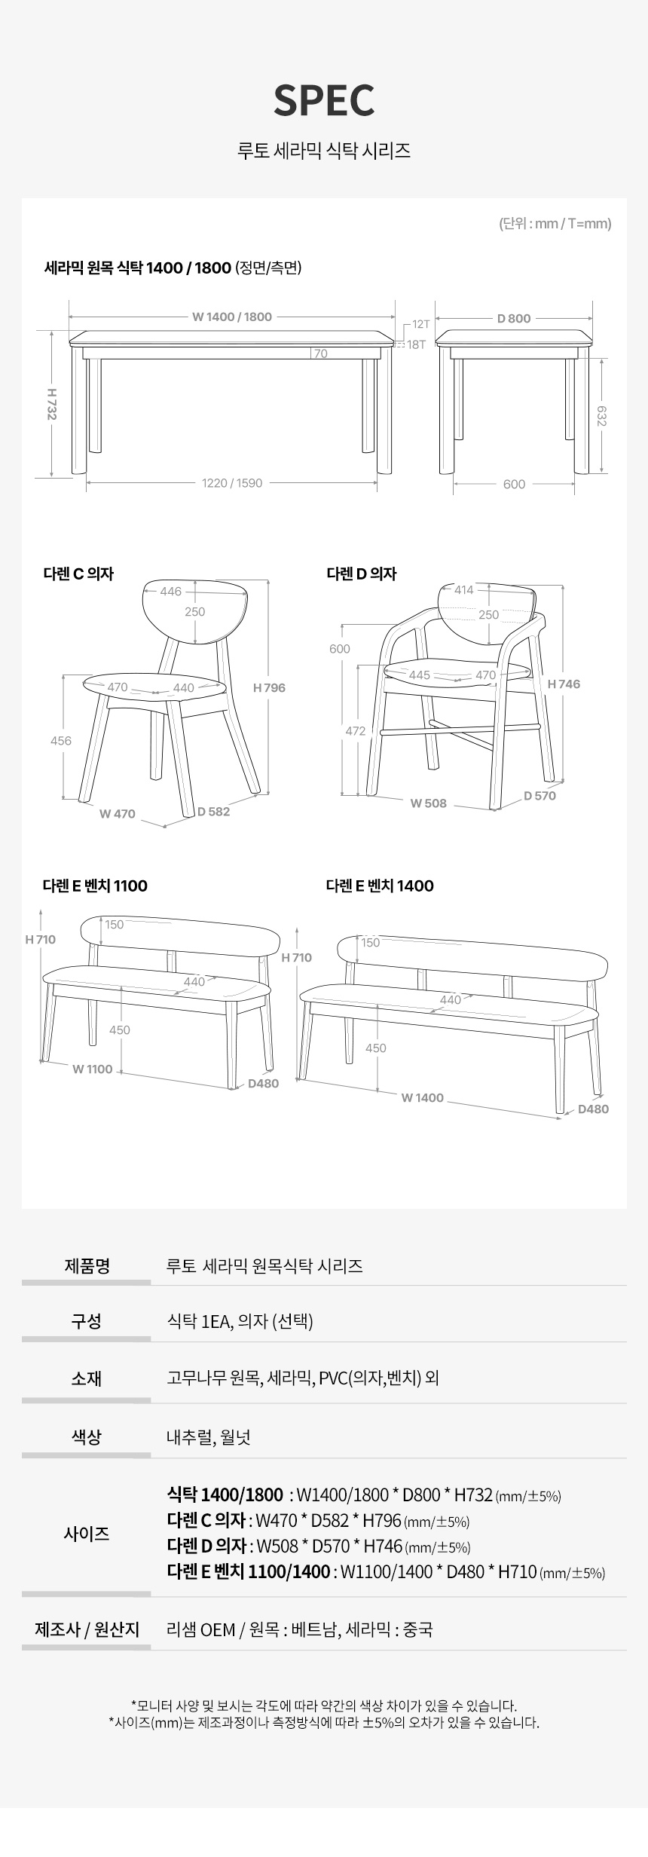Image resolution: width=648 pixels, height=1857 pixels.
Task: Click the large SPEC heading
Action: tap(324, 99)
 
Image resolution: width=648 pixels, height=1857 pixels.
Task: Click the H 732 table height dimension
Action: tap(51, 404)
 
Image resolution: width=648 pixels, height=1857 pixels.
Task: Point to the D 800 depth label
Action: tap(514, 318)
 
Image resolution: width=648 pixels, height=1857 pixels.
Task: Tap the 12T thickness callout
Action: tap(420, 325)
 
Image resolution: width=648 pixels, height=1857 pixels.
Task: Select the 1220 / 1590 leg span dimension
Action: tap(232, 483)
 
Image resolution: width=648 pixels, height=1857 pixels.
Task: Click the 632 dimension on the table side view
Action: tap(601, 415)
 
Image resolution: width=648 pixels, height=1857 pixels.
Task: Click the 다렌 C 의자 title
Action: tap(78, 574)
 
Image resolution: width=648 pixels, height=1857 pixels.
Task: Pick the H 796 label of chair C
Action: tap(269, 687)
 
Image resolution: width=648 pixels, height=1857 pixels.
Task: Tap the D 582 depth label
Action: tap(214, 812)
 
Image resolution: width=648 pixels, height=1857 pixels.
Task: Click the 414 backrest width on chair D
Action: tap(464, 589)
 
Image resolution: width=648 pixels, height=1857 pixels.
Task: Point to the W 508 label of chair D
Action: tap(428, 803)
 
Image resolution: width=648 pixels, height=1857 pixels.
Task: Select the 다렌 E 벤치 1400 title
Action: tap(380, 886)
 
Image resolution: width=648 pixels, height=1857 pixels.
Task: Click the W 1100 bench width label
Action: tap(92, 1069)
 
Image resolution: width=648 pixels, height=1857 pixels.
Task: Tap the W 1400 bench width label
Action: tap(422, 1097)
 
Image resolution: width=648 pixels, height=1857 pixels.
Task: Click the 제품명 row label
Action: tap(87, 1265)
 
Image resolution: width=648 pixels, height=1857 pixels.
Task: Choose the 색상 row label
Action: tap(87, 1437)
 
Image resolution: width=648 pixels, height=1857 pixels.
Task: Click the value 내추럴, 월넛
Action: tap(209, 1437)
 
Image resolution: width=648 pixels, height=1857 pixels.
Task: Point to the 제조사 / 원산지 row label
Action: tap(87, 1630)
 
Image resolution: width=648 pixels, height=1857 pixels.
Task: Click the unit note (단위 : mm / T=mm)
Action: tap(555, 223)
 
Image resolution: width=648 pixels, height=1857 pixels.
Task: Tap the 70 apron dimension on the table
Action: tap(320, 353)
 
